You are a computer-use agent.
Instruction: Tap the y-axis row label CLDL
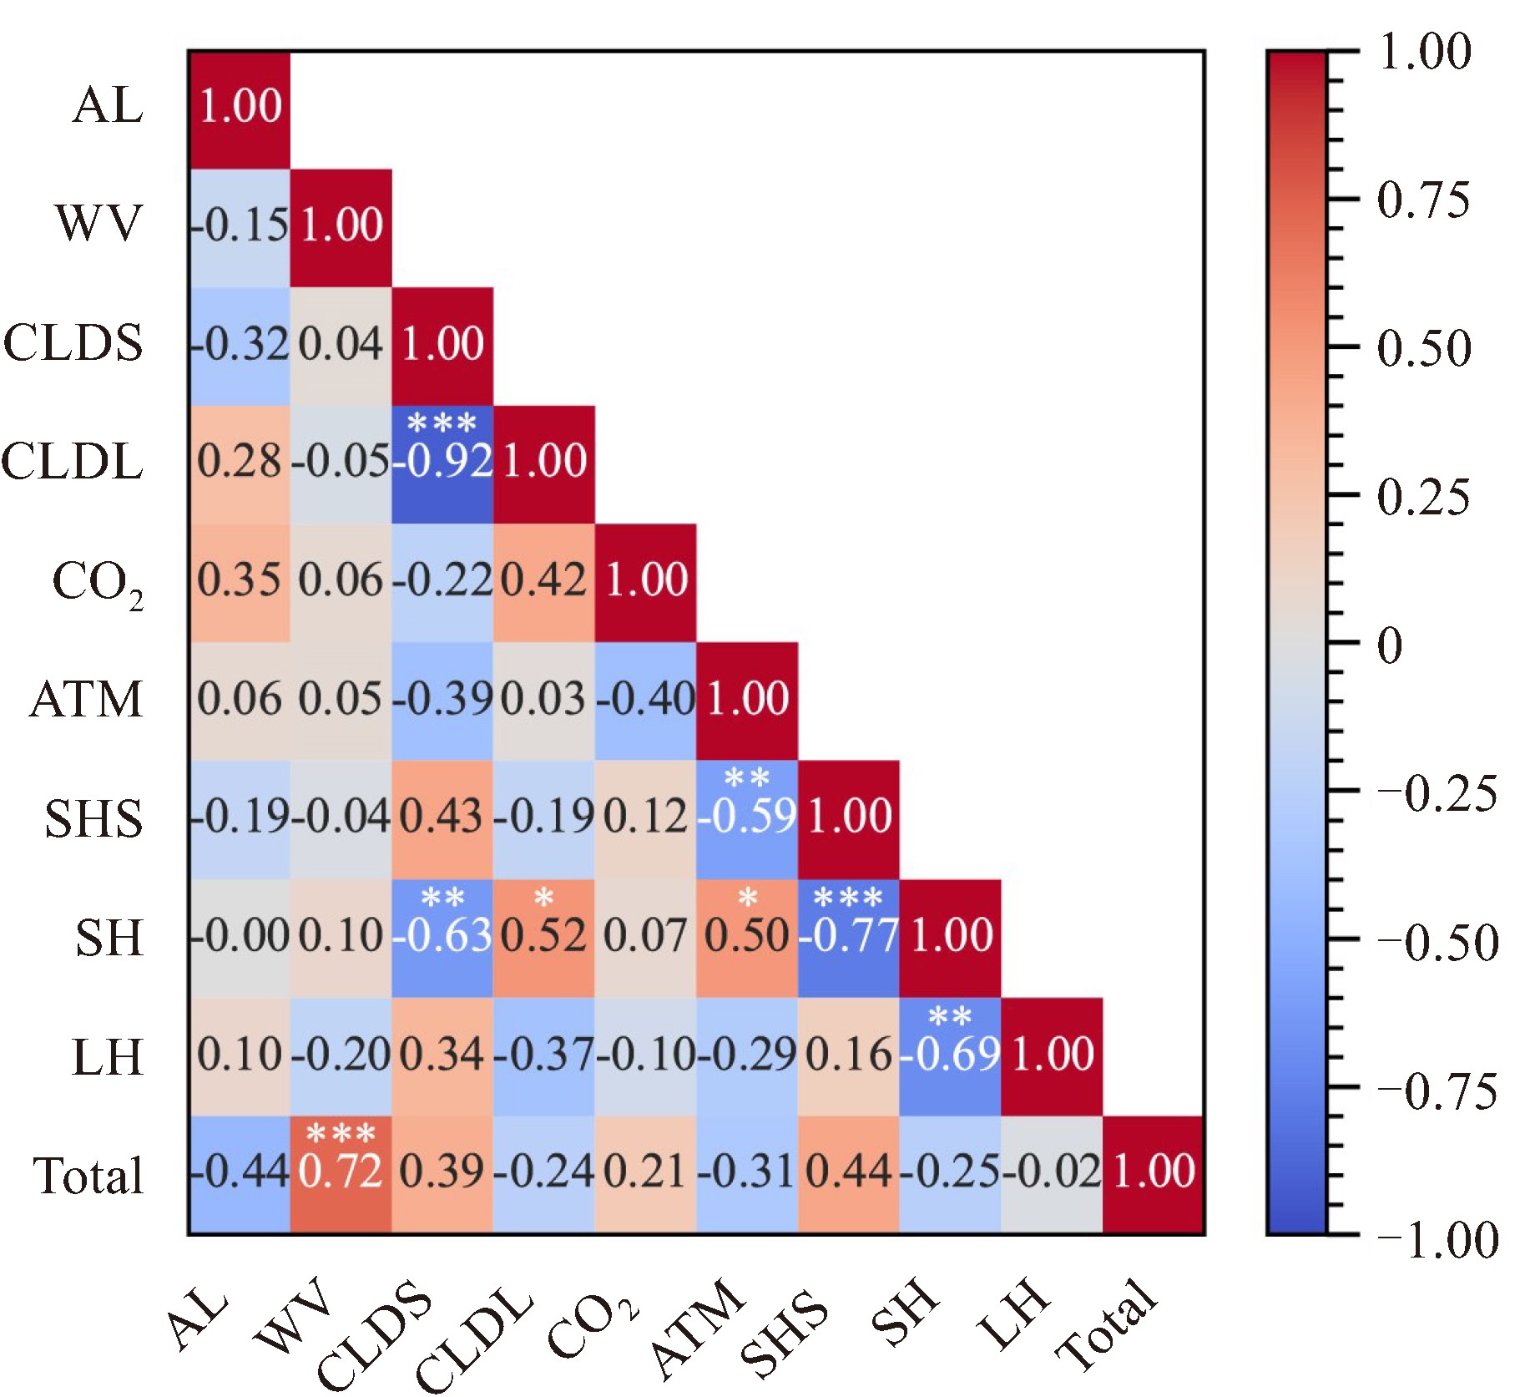(x=73, y=462)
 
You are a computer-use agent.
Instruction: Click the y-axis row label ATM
(x=87, y=700)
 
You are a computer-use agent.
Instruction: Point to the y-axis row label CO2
(x=97, y=582)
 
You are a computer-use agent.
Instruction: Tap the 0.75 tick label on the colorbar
(x=1423, y=200)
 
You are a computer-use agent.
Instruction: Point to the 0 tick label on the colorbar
(x=1389, y=645)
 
